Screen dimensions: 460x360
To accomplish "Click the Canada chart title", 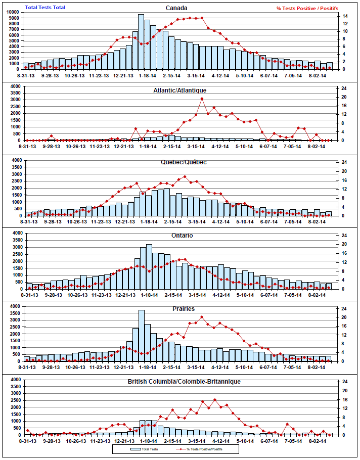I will click(x=177, y=8).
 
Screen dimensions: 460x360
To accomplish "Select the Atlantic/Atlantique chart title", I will click(x=180, y=90).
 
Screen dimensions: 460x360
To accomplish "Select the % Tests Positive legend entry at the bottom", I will click(x=202, y=448).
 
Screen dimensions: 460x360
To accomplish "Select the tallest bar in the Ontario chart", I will click(x=149, y=265).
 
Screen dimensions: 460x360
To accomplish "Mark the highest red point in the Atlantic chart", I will click(x=202, y=99).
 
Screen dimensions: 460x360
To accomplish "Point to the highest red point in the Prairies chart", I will click(x=202, y=317).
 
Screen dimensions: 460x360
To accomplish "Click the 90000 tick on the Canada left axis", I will click(x=14, y=19).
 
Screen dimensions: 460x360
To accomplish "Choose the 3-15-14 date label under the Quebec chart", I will click(x=196, y=221).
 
